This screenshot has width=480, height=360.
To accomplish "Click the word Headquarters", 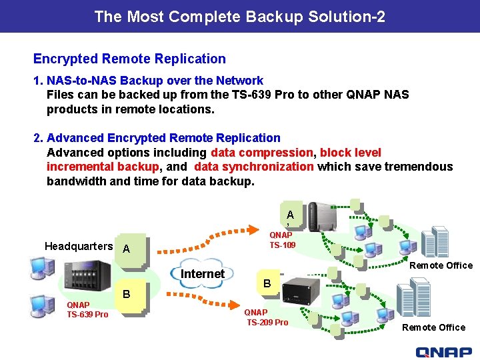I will [x=79, y=247].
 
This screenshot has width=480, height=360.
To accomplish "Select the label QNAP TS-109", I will [x=281, y=240].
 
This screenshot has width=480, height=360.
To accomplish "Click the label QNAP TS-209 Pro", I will [x=267, y=317].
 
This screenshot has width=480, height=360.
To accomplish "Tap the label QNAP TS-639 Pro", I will [x=87, y=310].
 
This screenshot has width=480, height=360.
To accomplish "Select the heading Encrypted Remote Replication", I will [x=129, y=59].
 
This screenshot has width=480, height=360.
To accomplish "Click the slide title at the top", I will [x=240, y=16].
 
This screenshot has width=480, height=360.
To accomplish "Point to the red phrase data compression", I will [x=261, y=152].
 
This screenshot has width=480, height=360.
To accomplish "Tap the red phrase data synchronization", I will [x=254, y=167].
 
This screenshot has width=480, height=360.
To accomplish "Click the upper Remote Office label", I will [x=441, y=265].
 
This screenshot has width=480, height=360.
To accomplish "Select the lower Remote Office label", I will [x=433, y=327].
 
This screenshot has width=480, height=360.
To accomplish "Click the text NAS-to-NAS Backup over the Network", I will [x=155, y=81].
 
